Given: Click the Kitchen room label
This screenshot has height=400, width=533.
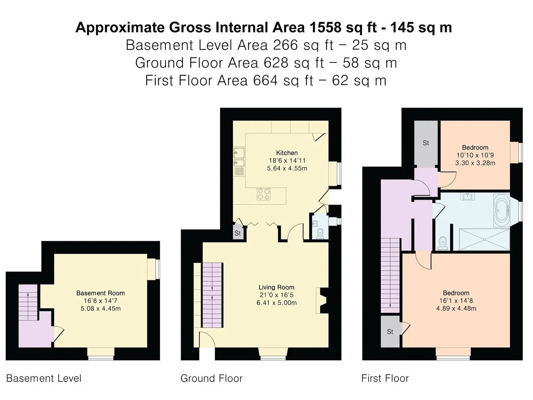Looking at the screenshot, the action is click(287, 153).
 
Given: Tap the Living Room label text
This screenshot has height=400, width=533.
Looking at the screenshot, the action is click(276, 287).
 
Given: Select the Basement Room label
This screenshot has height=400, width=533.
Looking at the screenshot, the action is click(100, 293).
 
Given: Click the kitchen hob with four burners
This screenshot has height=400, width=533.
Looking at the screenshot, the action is click(264, 194).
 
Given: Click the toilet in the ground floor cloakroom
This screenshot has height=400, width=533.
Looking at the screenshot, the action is click(320, 234).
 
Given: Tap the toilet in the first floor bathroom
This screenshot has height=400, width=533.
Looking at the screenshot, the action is click(443, 243).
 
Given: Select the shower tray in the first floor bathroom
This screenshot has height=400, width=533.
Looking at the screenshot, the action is click(484, 239).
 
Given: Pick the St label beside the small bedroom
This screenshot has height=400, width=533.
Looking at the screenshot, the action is click(426, 143).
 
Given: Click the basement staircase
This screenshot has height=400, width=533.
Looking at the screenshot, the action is click(28, 302).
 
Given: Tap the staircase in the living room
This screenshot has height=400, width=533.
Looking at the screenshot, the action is click(212, 295).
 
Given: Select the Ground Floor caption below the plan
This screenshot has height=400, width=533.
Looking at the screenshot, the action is click(212, 378).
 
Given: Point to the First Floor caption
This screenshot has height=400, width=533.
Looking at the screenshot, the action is click(385, 378).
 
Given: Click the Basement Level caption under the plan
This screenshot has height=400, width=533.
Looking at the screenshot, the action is click(44, 378).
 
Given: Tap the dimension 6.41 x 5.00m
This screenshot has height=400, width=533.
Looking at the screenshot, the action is click(276, 303).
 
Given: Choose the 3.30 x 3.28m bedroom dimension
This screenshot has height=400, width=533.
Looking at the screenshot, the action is click(475, 163).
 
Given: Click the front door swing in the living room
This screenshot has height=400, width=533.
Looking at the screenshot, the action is click(207, 340).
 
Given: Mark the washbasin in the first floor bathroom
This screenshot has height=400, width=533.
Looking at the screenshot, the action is click(468, 196).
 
